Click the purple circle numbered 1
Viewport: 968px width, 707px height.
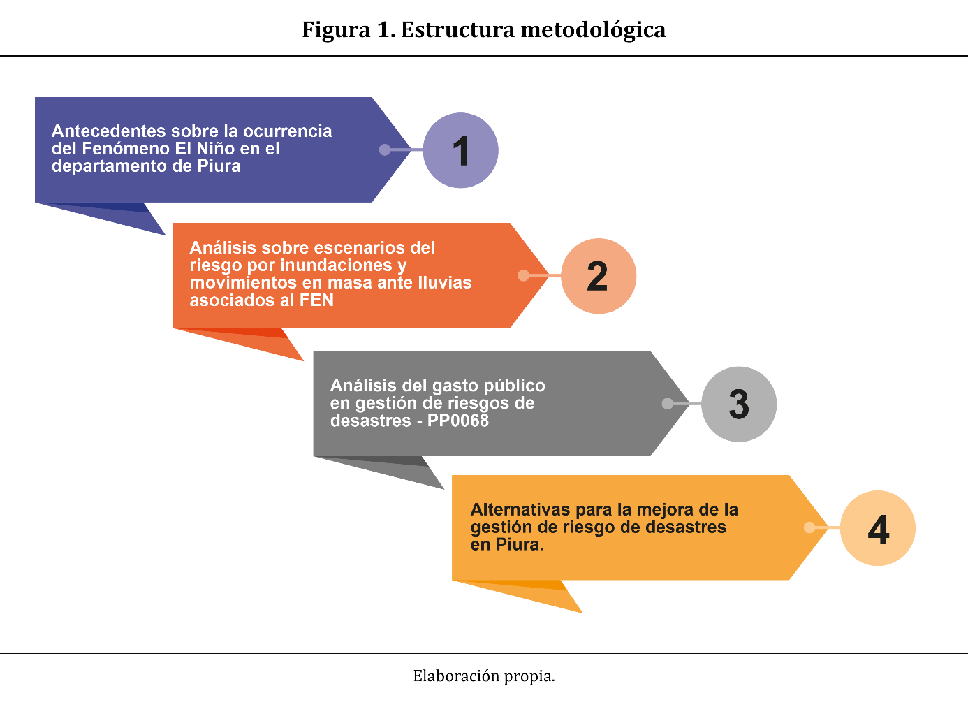click(460, 150)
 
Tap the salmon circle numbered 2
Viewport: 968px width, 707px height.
click(599, 276)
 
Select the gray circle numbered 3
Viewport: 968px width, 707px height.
click(738, 404)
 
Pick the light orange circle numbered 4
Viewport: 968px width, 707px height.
click(877, 528)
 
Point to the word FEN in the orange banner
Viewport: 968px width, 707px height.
click(316, 300)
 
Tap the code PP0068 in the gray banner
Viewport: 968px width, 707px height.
click(457, 421)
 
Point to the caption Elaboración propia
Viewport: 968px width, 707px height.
click(483, 676)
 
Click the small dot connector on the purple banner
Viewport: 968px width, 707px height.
click(384, 150)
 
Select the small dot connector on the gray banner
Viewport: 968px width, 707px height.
click(667, 403)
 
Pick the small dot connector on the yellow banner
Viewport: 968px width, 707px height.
click(809, 527)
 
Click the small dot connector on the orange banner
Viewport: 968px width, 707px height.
click(523, 275)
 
